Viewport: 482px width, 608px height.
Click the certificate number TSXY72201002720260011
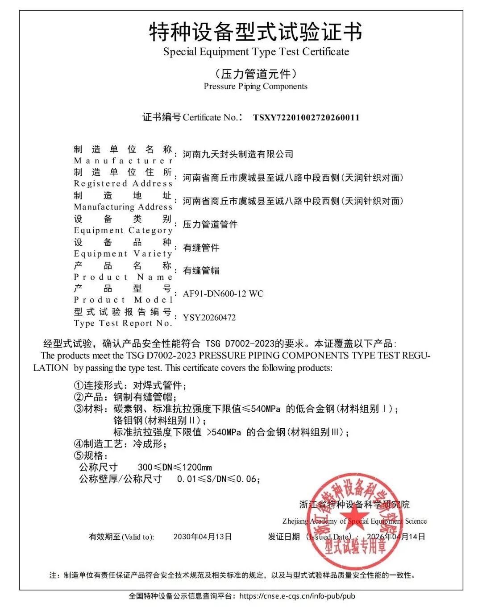point(306,118)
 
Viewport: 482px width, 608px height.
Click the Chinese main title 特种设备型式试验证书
point(255,32)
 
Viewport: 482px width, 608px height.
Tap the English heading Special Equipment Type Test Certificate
point(256,52)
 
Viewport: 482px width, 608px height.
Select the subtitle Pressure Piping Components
point(255,86)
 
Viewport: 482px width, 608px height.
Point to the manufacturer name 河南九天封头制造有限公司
point(238,154)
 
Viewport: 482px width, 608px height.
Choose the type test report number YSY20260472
point(209,318)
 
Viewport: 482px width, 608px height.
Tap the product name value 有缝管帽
point(201,270)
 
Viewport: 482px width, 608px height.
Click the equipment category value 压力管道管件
point(210,224)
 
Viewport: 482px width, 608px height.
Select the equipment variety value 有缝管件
point(201,248)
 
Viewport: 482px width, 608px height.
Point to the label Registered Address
point(123,183)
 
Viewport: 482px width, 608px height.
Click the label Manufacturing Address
point(123,207)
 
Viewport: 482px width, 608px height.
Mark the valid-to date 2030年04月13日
point(203,537)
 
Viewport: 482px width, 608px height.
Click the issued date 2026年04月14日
point(396,537)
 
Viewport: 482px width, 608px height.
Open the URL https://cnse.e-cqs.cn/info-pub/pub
point(297,596)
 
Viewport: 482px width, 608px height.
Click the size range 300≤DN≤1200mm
point(175,467)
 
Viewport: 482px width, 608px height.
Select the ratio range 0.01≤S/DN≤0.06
point(218,479)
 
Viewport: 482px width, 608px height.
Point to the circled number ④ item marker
point(79,444)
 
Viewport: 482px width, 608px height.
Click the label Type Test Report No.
point(123,323)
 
